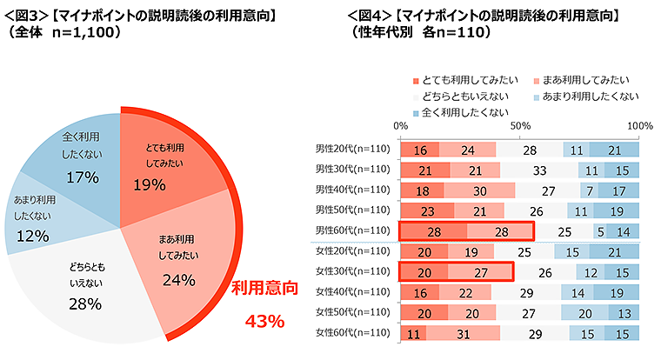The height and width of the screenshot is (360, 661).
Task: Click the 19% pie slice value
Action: tap(149, 184)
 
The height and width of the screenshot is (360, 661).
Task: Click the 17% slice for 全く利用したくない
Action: tap(83, 177)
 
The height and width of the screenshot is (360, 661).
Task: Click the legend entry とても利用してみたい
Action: tap(466, 79)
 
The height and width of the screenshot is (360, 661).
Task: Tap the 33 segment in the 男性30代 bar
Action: tap(539, 169)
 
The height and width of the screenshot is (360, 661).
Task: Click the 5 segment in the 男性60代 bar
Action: tap(600, 230)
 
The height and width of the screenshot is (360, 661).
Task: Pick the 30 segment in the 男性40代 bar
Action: tap(479, 190)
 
